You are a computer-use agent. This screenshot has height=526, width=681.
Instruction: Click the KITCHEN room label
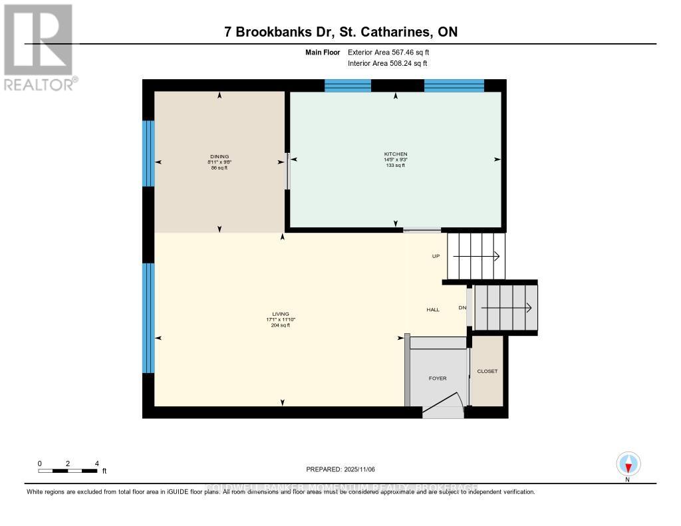tap(396, 154)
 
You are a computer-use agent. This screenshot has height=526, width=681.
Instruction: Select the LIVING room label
tap(279, 314)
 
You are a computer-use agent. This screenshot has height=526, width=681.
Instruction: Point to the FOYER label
tap(437, 378)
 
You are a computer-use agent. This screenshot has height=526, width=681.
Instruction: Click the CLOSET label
tap(487, 371)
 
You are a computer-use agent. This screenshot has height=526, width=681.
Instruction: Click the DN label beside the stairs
tap(462, 307)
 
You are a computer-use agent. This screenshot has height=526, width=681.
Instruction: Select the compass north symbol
tap(628, 464)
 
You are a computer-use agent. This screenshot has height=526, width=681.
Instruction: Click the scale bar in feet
tap(68, 470)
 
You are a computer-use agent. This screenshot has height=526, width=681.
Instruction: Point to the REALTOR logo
tap(39, 47)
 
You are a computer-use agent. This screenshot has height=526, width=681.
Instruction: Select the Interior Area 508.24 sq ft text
tap(387, 64)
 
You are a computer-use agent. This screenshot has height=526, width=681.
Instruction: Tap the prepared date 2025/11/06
tap(340, 469)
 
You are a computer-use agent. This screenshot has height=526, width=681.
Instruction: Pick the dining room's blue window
tap(149, 153)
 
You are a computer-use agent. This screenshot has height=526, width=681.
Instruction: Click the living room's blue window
tap(149, 318)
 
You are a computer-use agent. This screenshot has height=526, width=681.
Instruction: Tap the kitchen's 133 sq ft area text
tap(396, 165)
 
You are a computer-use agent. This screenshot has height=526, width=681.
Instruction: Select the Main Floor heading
tap(323, 52)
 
